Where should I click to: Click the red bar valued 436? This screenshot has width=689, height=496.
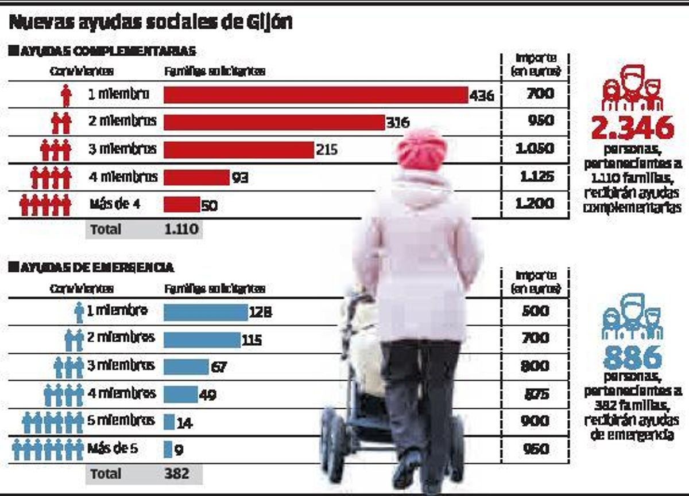[x=316, y=95]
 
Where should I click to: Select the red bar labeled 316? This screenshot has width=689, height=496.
[x=274, y=122]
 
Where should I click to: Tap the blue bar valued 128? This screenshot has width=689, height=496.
[x=206, y=312]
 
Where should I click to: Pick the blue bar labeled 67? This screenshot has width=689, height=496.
[x=186, y=366]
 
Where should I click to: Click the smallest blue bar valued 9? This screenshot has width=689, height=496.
[x=168, y=449]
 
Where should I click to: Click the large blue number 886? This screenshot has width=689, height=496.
[x=632, y=358]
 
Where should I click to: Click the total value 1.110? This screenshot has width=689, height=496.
[x=181, y=230]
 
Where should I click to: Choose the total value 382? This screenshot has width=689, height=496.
[x=176, y=474]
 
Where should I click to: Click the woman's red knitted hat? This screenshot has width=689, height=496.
[x=421, y=149]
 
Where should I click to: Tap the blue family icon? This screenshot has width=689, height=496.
[x=632, y=317]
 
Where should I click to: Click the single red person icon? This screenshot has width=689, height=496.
[x=66, y=95]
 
